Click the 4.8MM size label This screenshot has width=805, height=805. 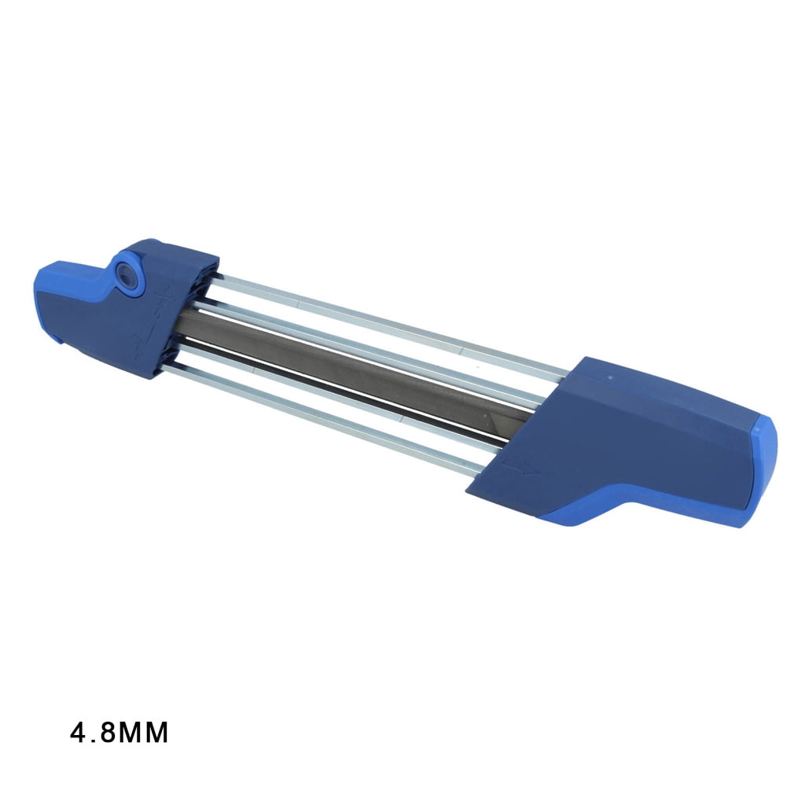[119, 733]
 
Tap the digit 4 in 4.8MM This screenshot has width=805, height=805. [78, 733]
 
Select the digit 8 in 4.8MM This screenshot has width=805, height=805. [108, 733]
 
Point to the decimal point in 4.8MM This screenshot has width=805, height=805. [93, 741]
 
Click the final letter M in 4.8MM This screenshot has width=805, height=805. [157, 733]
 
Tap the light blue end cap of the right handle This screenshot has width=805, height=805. [764, 470]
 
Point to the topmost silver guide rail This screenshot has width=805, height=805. [390, 322]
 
